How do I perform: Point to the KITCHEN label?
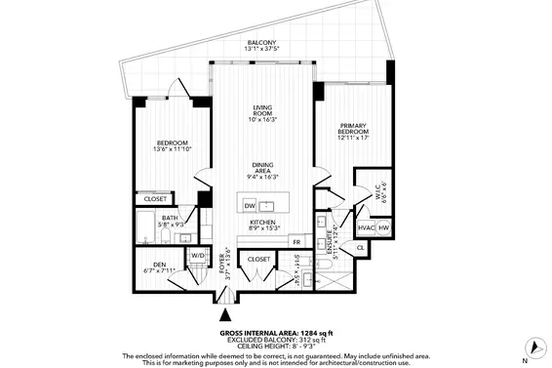pos(261,223)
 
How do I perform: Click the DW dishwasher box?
pos(250,206)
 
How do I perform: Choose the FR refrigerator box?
pos(296,240)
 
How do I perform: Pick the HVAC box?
pos(367,228)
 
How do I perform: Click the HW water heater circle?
pos(384,228)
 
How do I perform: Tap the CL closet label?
pos(360,249)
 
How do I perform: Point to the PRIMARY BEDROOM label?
pos(353,131)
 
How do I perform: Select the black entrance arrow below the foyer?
pos(226,313)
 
